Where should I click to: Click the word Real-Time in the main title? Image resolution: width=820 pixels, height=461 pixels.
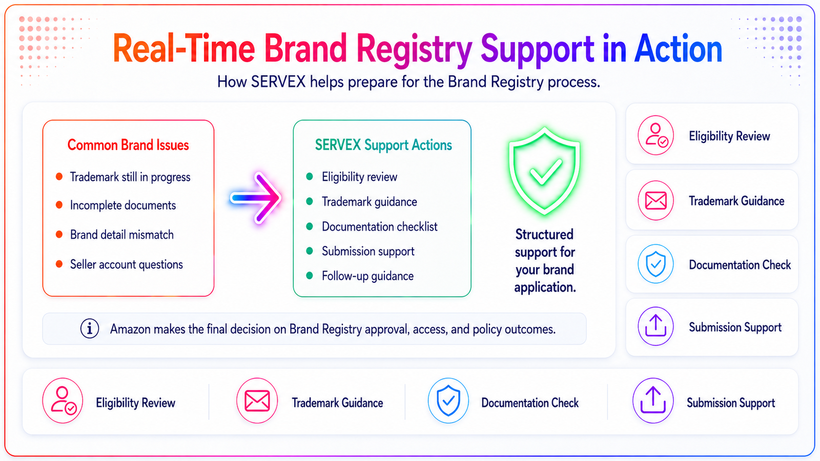click(184, 49)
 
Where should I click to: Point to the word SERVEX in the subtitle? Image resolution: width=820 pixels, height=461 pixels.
click(278, 81)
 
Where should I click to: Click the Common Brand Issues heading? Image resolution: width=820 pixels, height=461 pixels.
click(128, 145)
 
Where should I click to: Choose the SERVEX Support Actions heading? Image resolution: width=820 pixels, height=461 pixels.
click(383, 145)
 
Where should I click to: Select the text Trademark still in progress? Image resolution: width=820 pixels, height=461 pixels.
click(130, 177)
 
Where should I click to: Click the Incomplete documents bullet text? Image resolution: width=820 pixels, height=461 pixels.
click(122, 205)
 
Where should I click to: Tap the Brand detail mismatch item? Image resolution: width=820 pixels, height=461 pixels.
click(121, 235)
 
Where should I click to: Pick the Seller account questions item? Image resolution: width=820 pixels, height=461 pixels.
click(126, 264)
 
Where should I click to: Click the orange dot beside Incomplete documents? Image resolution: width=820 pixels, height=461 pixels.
click(59, 205)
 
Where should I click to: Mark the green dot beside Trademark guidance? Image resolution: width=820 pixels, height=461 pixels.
click(310, 201)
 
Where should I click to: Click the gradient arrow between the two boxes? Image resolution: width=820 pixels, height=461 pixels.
click(256, 198)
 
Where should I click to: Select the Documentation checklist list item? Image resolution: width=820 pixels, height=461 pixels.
click(379, 226)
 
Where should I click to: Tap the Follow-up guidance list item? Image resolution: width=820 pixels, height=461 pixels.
click(367, 276)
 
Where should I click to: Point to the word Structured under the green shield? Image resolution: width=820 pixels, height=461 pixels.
click(544, 235)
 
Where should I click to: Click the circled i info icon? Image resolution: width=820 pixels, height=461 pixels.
click(90, 328)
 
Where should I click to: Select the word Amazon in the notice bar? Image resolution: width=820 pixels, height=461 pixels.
click(130, 329)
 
